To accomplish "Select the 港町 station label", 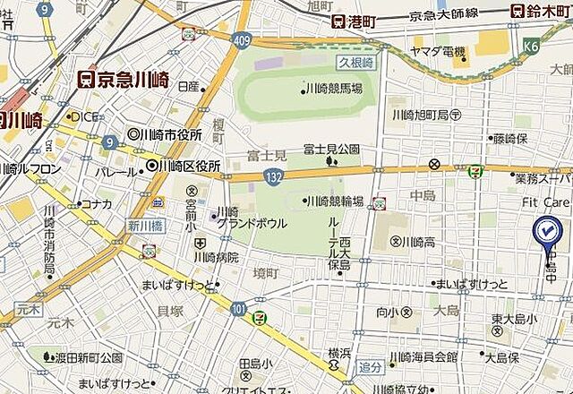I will pos(352,21).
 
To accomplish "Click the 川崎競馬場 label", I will pos(334,88).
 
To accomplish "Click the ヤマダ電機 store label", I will pos(439,52).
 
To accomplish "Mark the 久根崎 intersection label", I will pos(355,63).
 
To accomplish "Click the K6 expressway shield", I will pos(533,43).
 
